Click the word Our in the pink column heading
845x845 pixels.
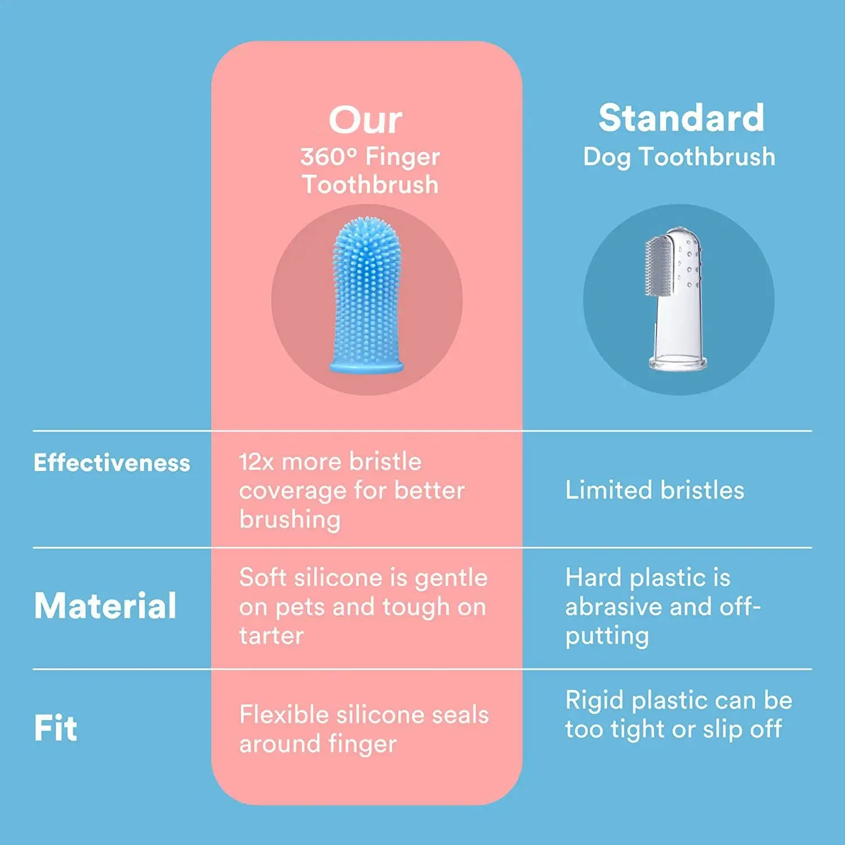pyautogui.click(x=365, y=120)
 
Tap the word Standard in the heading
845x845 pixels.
pyautogui.click(x=681, y=118)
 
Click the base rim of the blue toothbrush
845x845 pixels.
pyautogui.click(x=367, y=367)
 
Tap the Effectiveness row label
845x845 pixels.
pyautogui.click(x=112, y=463)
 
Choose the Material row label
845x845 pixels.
pyautogui.click(x=105, y=606)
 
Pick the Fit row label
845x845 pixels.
pyautogui.click(x=55, y=728)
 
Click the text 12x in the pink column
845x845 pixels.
pyautogui.click(x=256, y=462)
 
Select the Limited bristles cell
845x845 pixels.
pyautogui.click(x=655, y=491)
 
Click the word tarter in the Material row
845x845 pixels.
pyautogui.click(x=271, y=636)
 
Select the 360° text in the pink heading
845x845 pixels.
pyautogui.click(x=328, y=157)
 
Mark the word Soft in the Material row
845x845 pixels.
pyautogui.click(x=263, y=578)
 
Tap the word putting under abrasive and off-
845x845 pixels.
pyautogui.click(x=607, y=637)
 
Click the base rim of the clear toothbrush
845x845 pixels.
pyautogui.click(x=678, y=363)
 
